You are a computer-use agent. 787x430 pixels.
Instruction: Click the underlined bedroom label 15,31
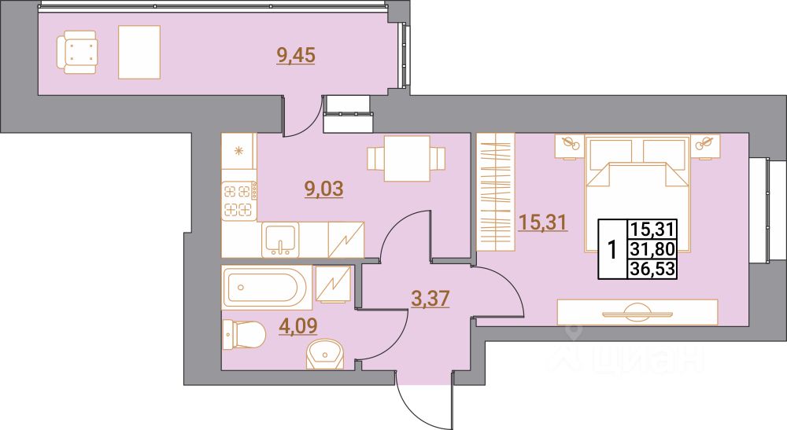pyautogui.click(x=543, y=222)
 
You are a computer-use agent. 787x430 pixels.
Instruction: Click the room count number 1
pyautogui.click(x=611, y=250)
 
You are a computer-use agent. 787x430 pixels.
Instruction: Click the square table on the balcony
pyautogui.click(x=139, y=52)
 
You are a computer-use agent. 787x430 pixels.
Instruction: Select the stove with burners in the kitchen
pyautogui.click(x=239, y=200)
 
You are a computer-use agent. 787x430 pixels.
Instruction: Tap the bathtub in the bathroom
pyautogui.click(x=264, y=287)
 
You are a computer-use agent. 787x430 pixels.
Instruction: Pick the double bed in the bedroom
pyautogui.click(x=637, y=197)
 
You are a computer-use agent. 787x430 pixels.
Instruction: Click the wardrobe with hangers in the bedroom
pyautogui.click(x=495, y=192)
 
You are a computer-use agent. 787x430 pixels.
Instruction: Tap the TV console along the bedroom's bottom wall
pyautogui.click(x=637, y=312)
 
